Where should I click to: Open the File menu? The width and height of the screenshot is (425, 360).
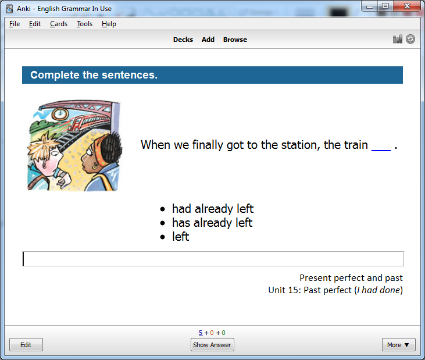click(15, 24)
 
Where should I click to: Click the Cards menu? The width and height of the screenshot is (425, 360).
click(59, 24)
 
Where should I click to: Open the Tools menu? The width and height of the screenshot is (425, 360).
click(84, 24)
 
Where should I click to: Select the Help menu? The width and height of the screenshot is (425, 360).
click(109, 24)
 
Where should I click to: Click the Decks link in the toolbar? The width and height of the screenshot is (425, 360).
click(183, 40)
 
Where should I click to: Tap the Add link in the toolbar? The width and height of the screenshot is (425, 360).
click(208, 40)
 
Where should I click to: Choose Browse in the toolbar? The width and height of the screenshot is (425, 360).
click(235, 40)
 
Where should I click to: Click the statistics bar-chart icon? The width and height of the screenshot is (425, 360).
click(397, 40)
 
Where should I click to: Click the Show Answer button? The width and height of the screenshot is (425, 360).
click(212, 344)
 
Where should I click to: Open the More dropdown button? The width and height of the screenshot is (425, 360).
click(398, 344)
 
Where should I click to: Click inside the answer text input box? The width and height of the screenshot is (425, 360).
click(213, 259)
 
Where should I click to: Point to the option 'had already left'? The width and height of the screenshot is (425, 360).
click(213, 209)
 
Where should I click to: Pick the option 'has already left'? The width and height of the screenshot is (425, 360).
click(212, 223)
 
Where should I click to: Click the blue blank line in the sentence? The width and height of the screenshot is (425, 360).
click(381, 150)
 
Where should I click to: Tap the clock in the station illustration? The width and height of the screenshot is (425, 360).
click(60, 114)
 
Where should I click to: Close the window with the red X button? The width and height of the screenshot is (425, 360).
click(407, 6)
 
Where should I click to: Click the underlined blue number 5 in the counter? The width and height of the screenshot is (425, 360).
click(201, 333)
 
